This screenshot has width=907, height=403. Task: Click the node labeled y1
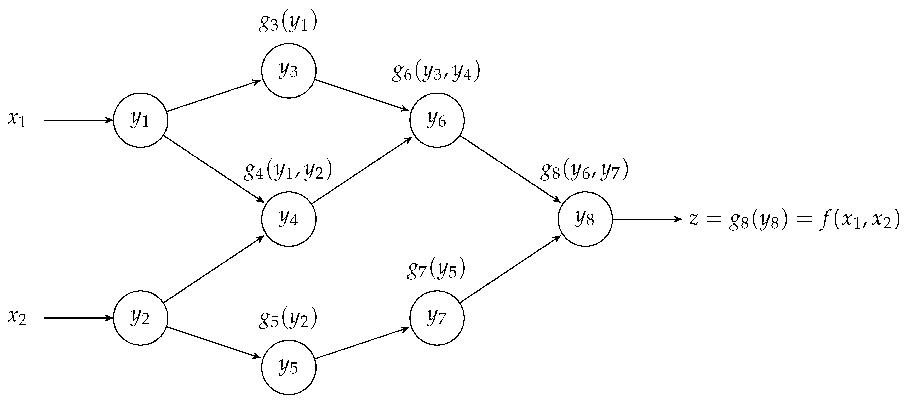point(140,120)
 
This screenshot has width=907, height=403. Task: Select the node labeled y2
point(140,318)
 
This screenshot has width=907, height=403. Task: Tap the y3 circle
point(289,71)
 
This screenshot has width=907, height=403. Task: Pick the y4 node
point(289,219)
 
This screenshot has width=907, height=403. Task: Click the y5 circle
point(289,367)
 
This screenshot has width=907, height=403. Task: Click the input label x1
point(16,120)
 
